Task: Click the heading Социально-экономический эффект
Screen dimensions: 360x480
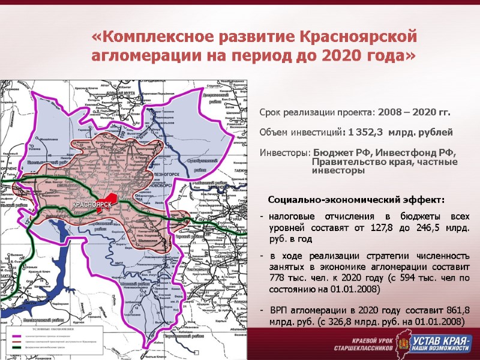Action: tap(356, 199)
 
